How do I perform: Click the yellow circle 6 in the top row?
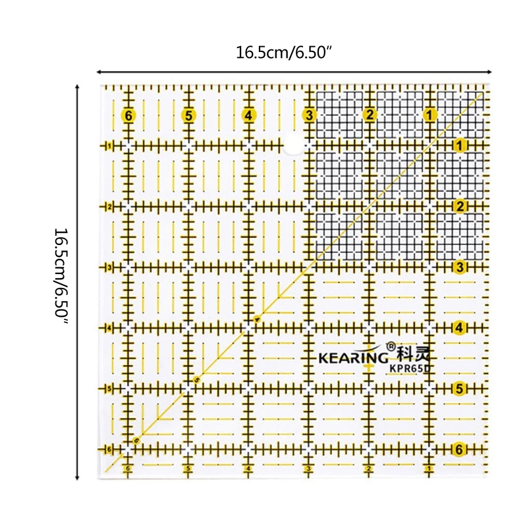[128, 116]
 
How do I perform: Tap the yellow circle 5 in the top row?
[189, 116]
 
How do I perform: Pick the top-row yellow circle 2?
[370, 116]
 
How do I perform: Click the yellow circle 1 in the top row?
[430, 116]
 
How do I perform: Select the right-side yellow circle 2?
[460, 206]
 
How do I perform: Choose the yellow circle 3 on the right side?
[460, 267]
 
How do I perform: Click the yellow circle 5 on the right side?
[460, 388]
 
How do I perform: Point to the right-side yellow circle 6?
[460, 449]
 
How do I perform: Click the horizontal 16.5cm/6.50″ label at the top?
[282, 53]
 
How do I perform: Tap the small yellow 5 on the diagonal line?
[196, 379]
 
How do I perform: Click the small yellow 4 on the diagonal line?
[257, 320]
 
